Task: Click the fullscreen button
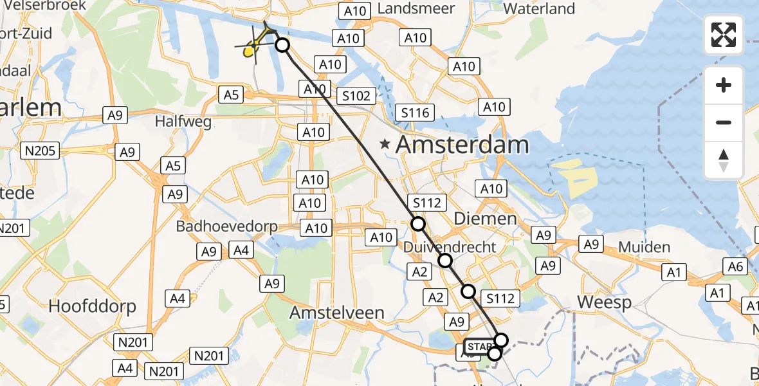point(724,35)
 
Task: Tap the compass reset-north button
point(724,160)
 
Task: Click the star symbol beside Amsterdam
point(385,145)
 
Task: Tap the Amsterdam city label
point(462,145)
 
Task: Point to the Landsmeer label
point(416,9)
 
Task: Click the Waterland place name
point(539,9)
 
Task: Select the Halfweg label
point(179,120)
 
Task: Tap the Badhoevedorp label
point(227,226)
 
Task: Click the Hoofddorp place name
point(93,306)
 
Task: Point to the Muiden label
point(644,247)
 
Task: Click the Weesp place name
point(604,302)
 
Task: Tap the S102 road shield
point(356,96)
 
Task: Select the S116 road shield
point(415,113)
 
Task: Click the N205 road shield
point(40,151)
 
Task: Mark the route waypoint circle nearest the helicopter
point(282,45)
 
